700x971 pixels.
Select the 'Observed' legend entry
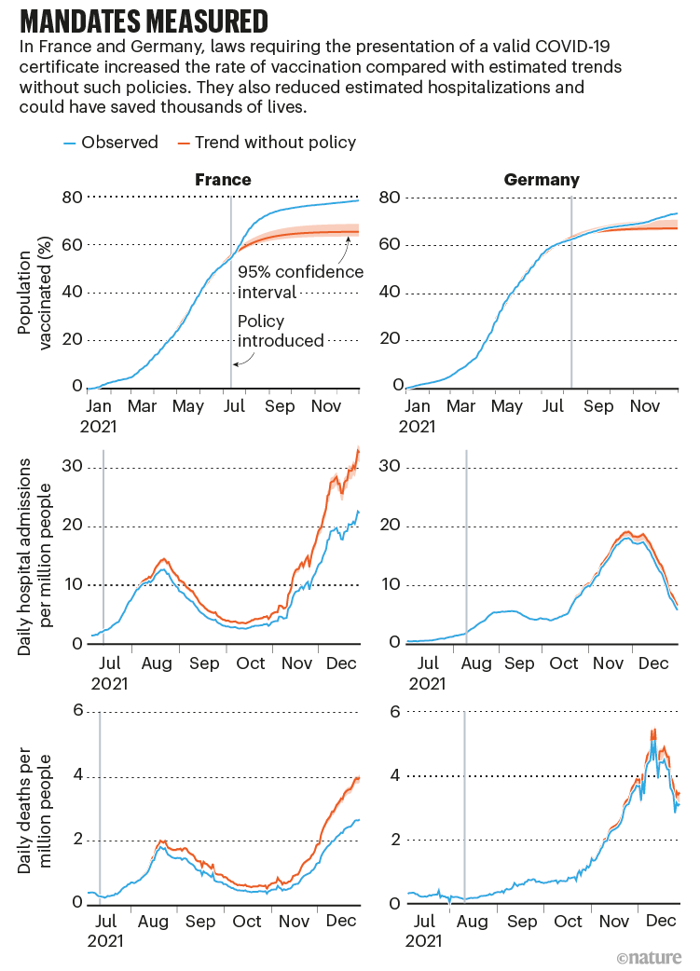click(x=111, y=143)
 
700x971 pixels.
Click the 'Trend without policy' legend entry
click(x=268, y=143)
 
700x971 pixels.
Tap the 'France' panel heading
click(x=223, y=180)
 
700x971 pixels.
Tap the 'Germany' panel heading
click(x=542, y=180)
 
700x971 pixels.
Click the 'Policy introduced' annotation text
click(x=280, y=331)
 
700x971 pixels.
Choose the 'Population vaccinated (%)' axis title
click(x=38, y=292)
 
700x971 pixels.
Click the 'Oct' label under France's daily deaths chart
click(x=247, y=922)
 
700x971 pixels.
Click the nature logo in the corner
click(x=649, y=956)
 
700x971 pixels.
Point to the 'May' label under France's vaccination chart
click(x=188, y=406)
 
